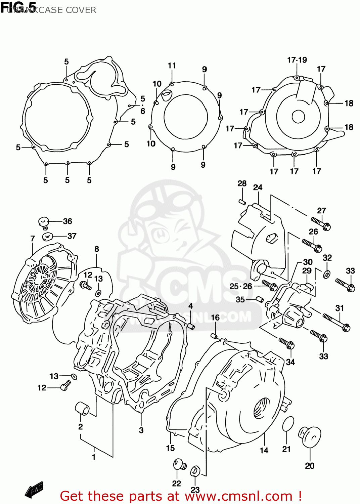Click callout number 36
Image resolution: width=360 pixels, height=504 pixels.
point(67,221)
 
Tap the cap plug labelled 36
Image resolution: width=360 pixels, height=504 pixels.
point(44,222)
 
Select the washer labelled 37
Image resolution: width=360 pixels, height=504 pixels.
point(47,237)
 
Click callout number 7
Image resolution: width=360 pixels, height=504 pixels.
point(33,239)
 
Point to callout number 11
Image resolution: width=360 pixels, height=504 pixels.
point(172,66)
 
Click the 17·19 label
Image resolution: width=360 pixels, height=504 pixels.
point(297,60)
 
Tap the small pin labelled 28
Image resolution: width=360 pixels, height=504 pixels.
point(242,202)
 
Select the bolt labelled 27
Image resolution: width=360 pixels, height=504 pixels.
point(321,223)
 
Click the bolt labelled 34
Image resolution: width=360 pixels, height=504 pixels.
point(287,343)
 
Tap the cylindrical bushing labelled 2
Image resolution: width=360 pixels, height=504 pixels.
point(82,408)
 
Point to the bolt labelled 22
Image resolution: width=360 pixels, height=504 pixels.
point(179,465)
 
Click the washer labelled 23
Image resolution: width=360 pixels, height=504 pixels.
point(195,471)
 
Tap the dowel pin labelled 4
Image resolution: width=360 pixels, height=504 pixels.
point(191,326)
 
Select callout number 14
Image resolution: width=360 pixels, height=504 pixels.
point(264,451)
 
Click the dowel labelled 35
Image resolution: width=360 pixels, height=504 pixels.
point(259,299)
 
